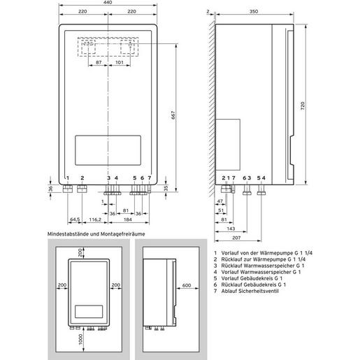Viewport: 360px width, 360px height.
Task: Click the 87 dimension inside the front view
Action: pyautogui.click(x=99, y=63)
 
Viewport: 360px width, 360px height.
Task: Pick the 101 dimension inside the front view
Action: pyautogui.click(x=120, y=63)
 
